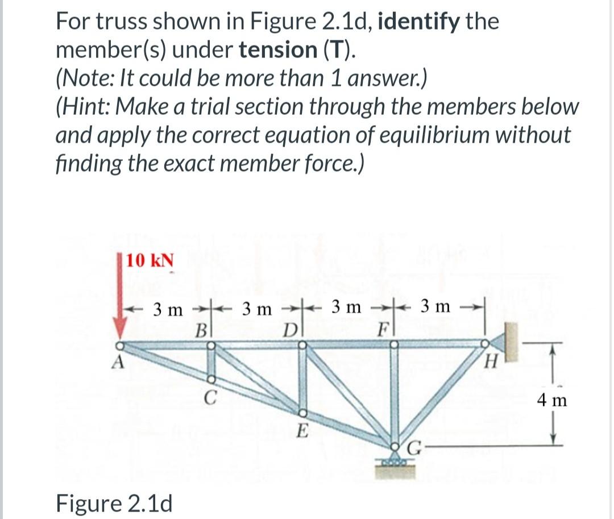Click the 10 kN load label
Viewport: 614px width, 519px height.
150,261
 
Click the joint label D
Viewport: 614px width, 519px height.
290,330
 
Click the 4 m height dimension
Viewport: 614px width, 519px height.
551,401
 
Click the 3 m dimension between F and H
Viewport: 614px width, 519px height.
435,307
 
